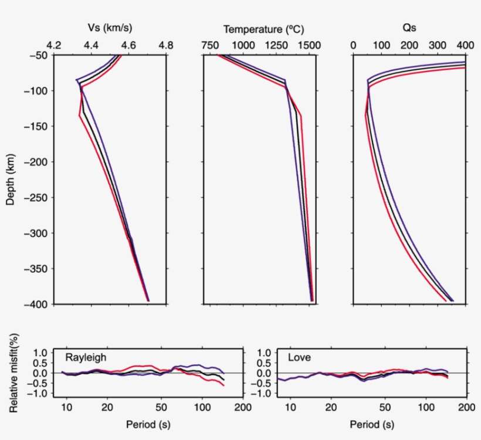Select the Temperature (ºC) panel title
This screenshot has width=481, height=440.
point(263,29)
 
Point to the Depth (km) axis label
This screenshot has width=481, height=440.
point(11,180)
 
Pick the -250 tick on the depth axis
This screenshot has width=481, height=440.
point(37,197)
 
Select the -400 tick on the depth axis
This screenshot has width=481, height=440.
point(37,304)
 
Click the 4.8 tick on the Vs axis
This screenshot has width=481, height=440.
point(167,45)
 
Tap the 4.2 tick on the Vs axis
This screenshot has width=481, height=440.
point(54,45)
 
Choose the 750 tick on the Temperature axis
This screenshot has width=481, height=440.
point(210,45)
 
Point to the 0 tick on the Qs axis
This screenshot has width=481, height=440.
point(353,45)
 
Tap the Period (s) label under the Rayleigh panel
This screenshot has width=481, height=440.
point(148,424)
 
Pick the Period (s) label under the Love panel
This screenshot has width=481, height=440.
point(372,424)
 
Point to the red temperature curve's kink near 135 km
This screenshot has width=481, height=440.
point(301,116)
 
